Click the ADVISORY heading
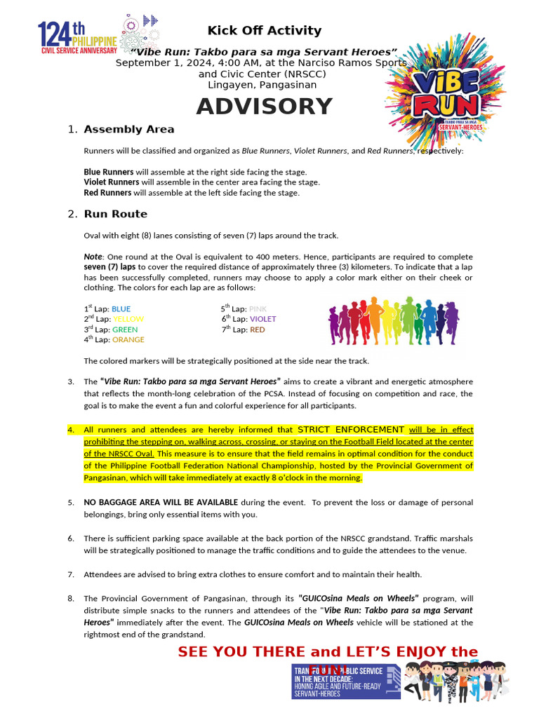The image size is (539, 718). (264, 107)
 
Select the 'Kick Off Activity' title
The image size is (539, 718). (264, 30)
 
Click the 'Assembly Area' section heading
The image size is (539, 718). (128, 129)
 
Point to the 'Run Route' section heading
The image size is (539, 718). (115, 214)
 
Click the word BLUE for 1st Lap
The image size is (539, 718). (121, 309)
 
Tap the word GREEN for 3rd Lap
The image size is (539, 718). (125, 330)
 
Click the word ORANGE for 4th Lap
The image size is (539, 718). (128, 339)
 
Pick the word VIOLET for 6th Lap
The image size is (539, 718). (262, 319)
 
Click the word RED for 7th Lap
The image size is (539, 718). (257, 330)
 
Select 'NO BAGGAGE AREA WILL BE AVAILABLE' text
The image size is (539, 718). (161, 502)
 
